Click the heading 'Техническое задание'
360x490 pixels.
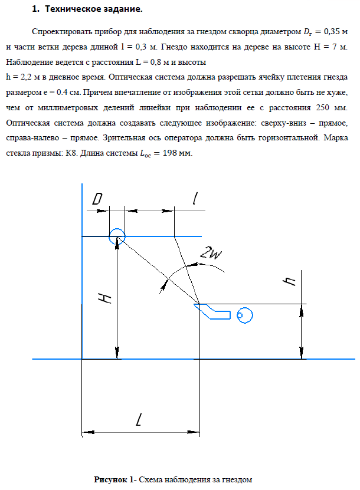(94, 10)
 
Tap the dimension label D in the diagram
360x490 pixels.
(98, 199)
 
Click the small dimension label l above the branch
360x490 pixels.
(194, 199)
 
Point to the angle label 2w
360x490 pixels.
(210, 252)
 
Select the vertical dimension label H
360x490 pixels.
(103, 298)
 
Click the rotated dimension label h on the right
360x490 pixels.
(289, 281)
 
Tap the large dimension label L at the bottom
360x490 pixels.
(139, 421)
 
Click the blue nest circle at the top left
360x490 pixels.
(116, 235)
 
